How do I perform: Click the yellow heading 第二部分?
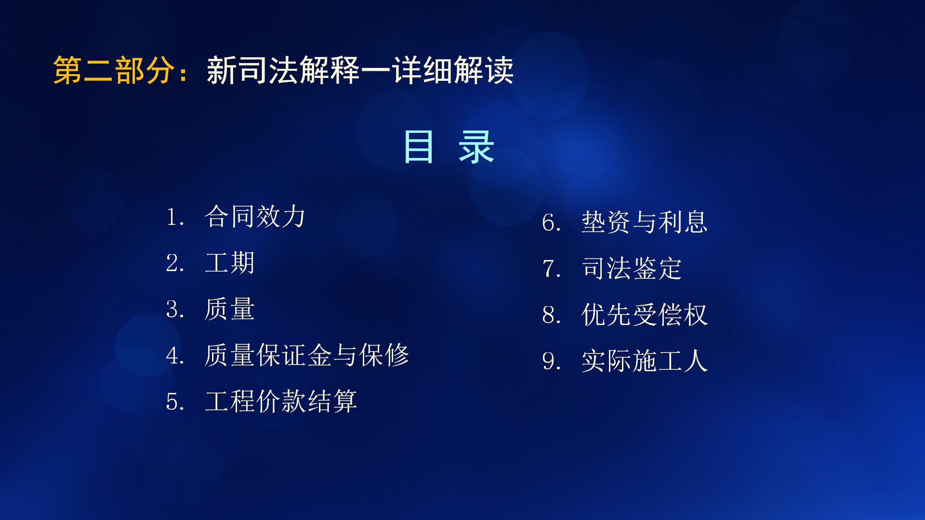click(x=114, y=71)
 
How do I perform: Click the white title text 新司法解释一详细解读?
click(x=360, y=71)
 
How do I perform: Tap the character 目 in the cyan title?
click(x=418, y=147)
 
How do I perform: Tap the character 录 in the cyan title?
click(x=476, y=147)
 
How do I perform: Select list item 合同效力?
click(x=255, y=217)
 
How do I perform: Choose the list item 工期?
click(x=229, y=263)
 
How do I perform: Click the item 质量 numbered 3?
click(x=229, y=309)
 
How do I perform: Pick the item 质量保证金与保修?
click(x=306, y=355)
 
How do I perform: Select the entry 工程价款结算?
click(x=281, y=402)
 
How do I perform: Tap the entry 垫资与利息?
click(x=644, y=222)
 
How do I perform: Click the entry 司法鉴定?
click(x=632, y=269)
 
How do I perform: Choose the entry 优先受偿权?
click(x=644, y=315)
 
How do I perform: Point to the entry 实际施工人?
click(x=644, y=361)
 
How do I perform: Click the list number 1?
click(x=172, y=218)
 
